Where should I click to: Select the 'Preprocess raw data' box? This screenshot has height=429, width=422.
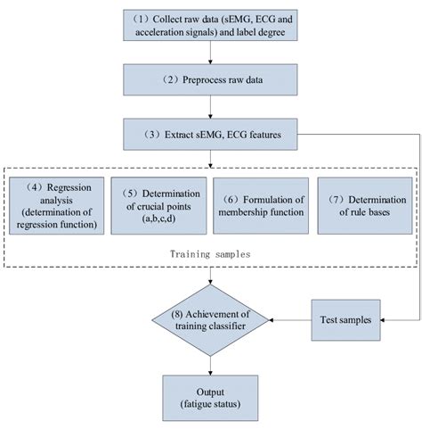(x=211, y=86)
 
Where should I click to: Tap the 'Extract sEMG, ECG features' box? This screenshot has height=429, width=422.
(x=211, y=136)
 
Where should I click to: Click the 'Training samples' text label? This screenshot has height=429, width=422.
(x=211, y=253)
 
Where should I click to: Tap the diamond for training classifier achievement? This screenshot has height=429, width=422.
(x=211, y=317)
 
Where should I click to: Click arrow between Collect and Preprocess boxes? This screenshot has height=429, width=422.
(x=211, y=58)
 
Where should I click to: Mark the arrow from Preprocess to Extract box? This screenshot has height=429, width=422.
(x=211, y=111)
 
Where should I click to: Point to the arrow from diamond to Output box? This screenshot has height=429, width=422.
(x=211, y=359)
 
